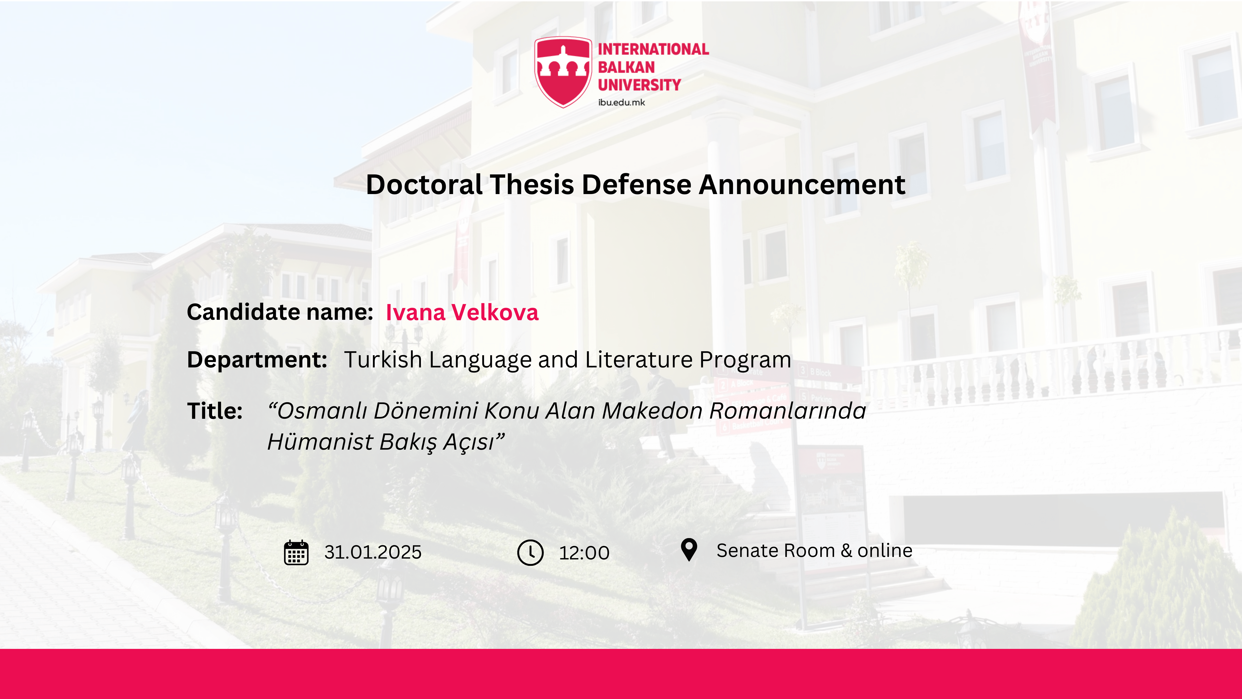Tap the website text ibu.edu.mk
coord(621,102)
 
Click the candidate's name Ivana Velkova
coord(462,312)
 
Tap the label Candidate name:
coord(280,312)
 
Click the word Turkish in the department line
coord(383,359)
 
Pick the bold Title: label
coord(214,411)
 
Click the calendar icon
coord(296,552)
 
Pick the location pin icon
coord(689,550)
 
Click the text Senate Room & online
coord(814,551)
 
